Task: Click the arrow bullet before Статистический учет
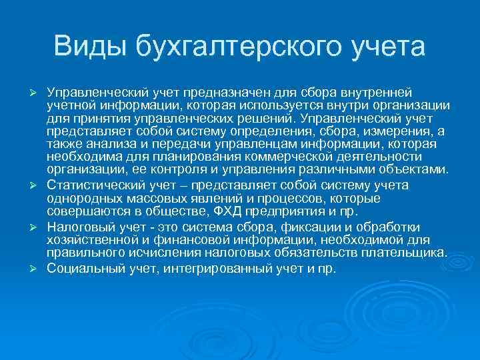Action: (x=39, y=186)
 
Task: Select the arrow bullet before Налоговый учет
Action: (x=39, y=228)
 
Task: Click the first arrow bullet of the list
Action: (x=39, y=91)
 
